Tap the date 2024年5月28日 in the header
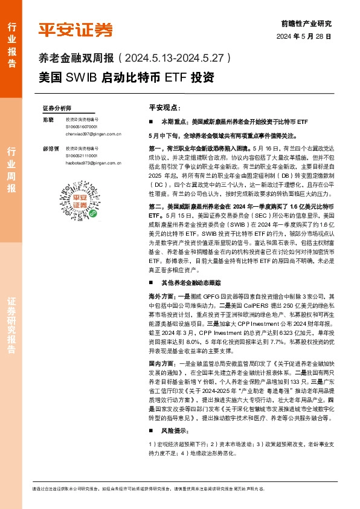point(304,36)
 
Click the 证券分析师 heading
point(57,107)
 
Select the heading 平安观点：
point(164,107)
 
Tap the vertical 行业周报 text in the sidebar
point(11,170)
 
